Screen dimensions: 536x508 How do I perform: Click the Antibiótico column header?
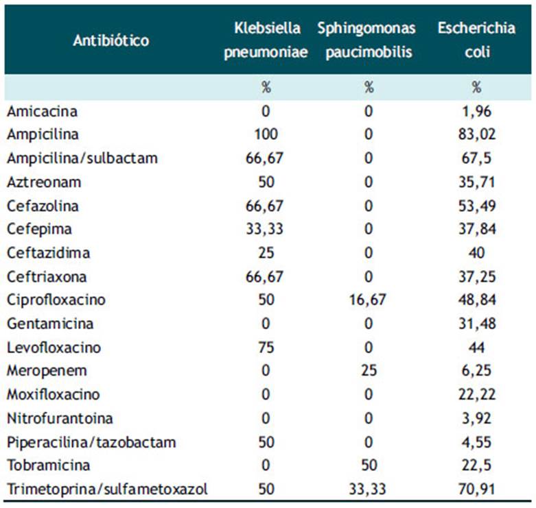[111, 40]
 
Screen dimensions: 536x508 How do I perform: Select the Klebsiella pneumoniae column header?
[266, 40]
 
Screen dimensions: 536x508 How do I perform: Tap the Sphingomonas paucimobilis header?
[366, 40]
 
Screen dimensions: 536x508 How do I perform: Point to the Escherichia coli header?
[477, 40]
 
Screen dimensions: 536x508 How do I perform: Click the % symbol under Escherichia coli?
[477, 87]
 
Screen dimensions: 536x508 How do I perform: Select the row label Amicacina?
[42, 112]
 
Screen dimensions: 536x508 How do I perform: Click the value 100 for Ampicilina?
[266, 134]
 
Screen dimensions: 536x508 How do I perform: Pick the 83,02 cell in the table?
[477, 134]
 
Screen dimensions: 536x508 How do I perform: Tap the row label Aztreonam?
[44, 182]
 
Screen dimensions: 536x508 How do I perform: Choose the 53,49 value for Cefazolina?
[477, 206]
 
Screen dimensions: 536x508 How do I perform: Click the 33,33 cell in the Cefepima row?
[265, 229]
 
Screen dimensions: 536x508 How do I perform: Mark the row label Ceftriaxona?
[47, 276]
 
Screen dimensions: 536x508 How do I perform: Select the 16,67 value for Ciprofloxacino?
[368, 300]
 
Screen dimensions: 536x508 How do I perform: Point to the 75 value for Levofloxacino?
[266, 348]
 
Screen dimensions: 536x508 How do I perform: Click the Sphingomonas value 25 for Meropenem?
[369, 370]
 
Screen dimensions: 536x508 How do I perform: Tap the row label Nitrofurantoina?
[60, 418]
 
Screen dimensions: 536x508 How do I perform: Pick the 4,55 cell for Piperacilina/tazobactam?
[477, 442]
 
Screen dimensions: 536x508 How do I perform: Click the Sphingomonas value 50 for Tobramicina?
[369, 465]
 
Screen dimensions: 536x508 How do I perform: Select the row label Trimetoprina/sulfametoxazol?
[107, 489]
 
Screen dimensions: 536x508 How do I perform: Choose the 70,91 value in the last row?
[477, 489]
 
